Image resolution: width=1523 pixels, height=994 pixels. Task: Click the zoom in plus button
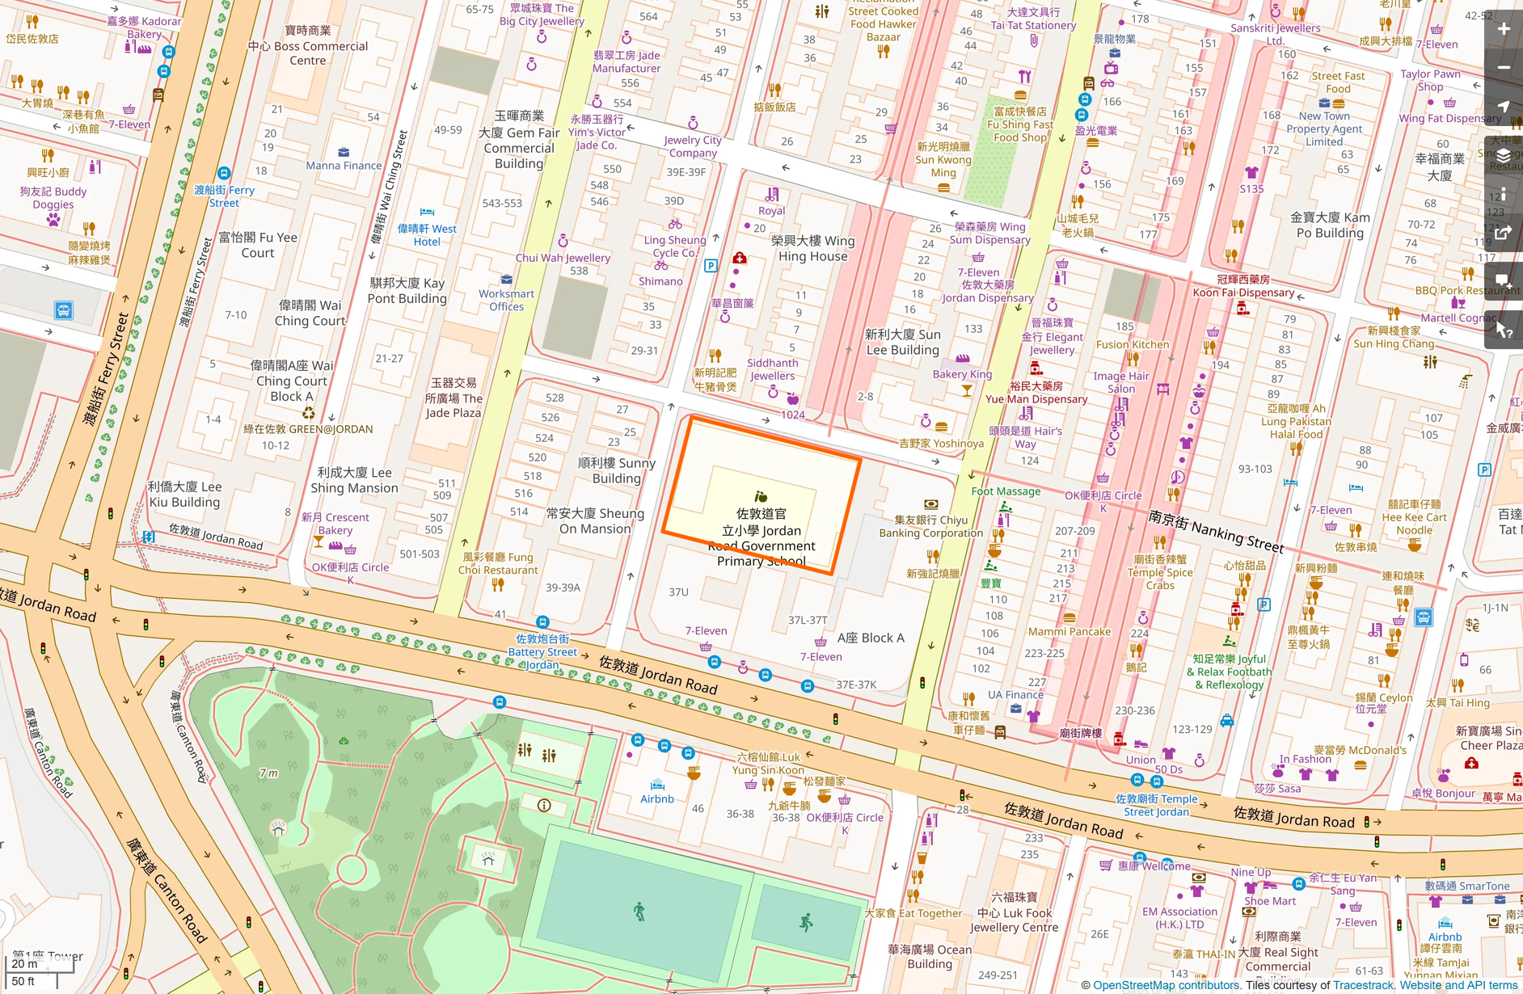click(1504, 30)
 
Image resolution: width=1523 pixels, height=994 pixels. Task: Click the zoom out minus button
click(1504, 68)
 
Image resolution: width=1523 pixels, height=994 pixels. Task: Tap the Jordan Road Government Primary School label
click(762, 537)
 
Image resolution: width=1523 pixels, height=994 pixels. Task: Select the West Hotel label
click(427, 235)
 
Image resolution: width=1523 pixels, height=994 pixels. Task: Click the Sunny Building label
click(616, 470)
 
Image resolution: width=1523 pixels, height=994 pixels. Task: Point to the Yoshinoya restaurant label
click(941, 443)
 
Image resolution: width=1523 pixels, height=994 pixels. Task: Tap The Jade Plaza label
click(454, 398)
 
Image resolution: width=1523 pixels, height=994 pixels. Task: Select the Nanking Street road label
click(1216, 530)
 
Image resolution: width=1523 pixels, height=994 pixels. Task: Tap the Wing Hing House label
click(812, 248)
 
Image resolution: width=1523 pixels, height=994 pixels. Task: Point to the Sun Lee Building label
click(902, 342)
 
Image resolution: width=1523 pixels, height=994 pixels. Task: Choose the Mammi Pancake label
click(1069, 631)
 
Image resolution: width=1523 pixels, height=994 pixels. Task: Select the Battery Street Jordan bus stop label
click(542, 651)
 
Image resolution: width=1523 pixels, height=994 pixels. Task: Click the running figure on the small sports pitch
click(806, 922)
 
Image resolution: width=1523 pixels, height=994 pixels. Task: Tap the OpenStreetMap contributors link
click(1166, 985)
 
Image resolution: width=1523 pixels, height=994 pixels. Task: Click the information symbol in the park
click(544, 805)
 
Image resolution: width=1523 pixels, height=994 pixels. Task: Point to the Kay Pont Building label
click(407, 290)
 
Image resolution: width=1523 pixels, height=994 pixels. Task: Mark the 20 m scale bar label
click(24, 963)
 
